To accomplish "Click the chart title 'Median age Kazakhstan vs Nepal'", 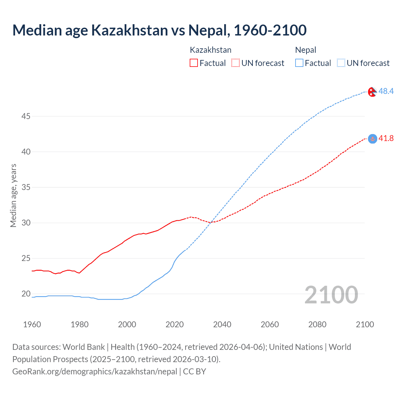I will pos(159,30).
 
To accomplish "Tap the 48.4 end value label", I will pos(386,91).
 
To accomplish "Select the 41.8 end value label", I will pos(386,138).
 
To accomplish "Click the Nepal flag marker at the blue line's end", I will pos(372,92).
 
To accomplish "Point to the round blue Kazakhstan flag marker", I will pos(372,139).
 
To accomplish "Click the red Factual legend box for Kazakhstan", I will pos(194,63).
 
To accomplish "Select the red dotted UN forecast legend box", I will pos(236,63).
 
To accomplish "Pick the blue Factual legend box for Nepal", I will pos(299,63).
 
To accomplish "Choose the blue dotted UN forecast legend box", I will pos(341,63).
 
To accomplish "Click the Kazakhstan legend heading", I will pos(210,50).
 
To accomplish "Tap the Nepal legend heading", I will pos(306,50).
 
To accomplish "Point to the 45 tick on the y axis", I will pos(26,116).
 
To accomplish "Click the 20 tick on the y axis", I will pos(26,294).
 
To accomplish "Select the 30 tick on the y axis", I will pos(26,223).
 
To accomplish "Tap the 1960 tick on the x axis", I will pos(32,324).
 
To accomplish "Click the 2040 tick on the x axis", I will pos(222,324).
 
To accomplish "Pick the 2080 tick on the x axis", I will pos(317,324).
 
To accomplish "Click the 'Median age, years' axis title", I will pos(13,195).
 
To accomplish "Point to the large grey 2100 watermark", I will pos(331,295).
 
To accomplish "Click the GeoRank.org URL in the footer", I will pos(95,372).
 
